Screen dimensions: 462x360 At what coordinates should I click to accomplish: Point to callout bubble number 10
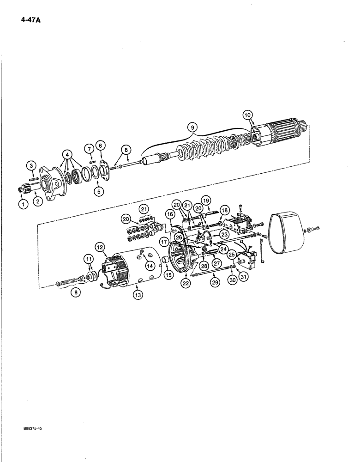247,115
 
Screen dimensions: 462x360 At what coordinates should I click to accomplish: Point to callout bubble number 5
100,190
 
